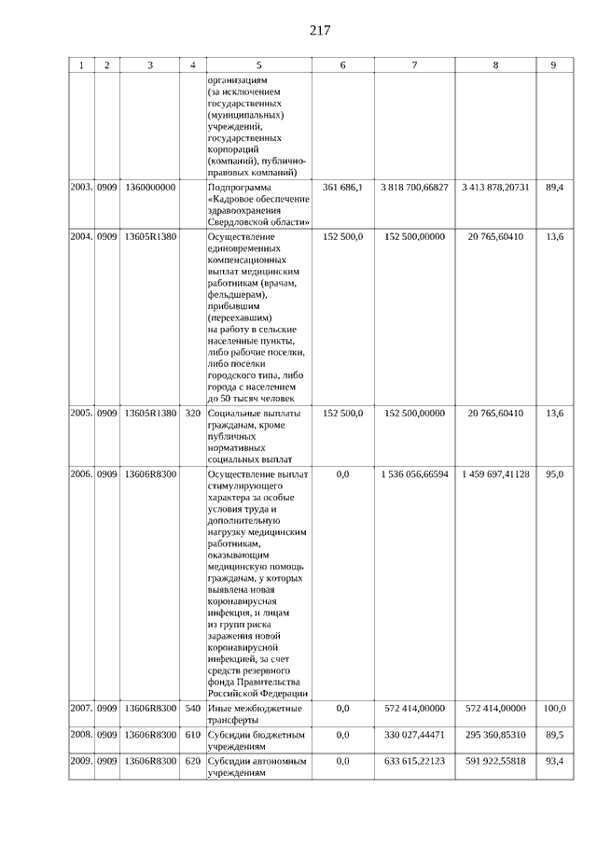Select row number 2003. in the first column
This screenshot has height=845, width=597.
[x=81, y=188]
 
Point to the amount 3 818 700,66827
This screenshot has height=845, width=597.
[x=414, y=188]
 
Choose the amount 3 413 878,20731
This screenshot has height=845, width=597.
[x=494, y=188]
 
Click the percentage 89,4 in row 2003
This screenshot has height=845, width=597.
[x=554, y=188]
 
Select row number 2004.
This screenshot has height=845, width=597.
[x=81, y=237]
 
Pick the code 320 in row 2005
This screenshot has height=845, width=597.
[x=193, y=413]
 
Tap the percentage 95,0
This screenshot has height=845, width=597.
[x=554, y=474]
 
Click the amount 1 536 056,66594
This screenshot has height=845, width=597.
[x=414, y=474]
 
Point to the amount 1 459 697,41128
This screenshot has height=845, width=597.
[x=494, y=474]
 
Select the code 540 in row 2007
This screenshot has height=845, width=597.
[x=193, y=709]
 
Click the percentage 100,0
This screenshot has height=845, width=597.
[x=554, y=709]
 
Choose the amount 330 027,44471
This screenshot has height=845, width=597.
[x=414, y=735]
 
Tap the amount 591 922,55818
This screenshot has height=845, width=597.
[x=494, y=762]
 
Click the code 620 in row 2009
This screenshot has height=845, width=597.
[x=193, y=762]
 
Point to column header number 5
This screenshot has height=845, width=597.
[x=258, y=65]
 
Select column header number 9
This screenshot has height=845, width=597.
[x=554, y=65]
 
